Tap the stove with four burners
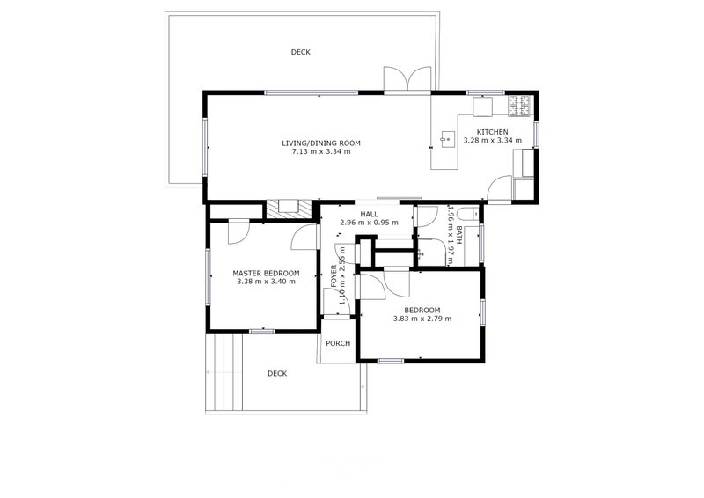pos(522,106)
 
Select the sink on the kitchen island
pos(446,137)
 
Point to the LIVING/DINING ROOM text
pos(321,143)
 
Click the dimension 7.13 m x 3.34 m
pos(321,151)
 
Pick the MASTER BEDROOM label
pos(266,273)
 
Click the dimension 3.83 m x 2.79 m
pos(422,319)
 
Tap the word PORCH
pos(338,343)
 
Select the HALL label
pos(369,214)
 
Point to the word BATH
pos(459,236)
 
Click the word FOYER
pos(334,275)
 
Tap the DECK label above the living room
pos(301,52)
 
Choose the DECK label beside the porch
pos(277,373)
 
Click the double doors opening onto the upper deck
pos(407,80)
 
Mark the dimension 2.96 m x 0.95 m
pos(369,223)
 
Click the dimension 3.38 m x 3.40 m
pos(266,282)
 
